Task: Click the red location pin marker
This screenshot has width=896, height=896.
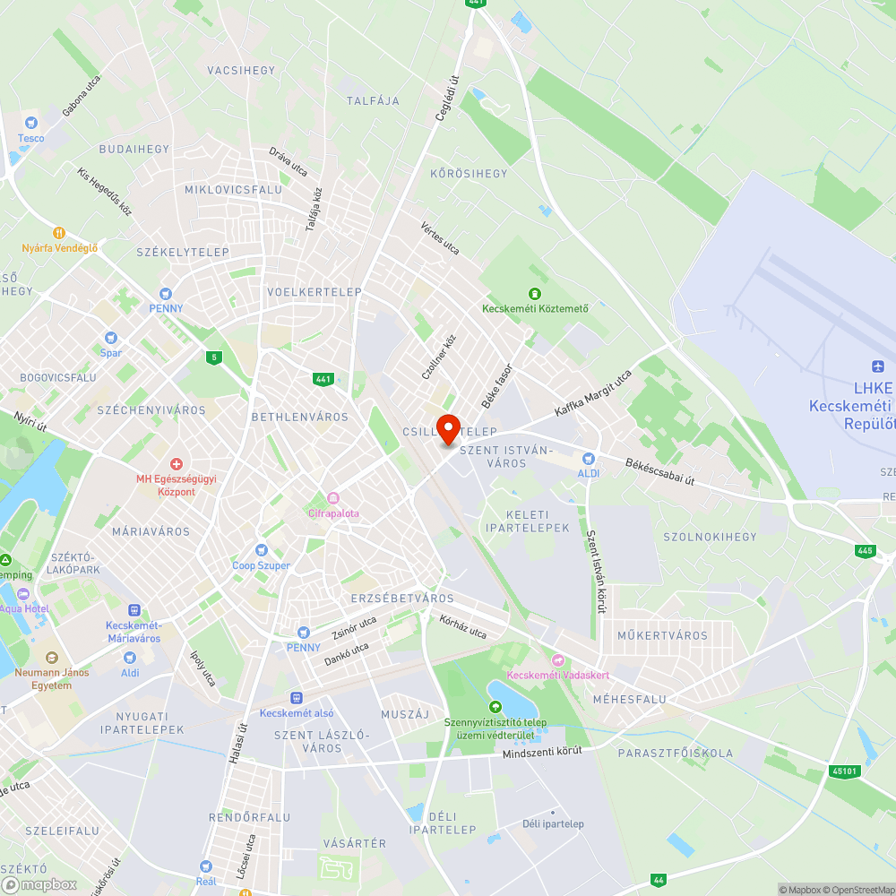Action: pyautogui.click(x=448, y=428)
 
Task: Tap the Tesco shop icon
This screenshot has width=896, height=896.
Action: pyautogui.click(x=31, y=123)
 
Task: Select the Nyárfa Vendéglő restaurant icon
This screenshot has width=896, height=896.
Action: pyautogui.click(x=59, y=233)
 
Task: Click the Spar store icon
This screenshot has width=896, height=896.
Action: pyautogui.click(x=111, y=338)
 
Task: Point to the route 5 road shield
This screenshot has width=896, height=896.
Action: pyautogui.click(x=213, y=358)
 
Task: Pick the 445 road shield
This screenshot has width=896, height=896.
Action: pyautogui.click(x=864, y=551)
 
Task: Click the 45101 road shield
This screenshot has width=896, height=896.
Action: pyautogui.click(x=844, y=770)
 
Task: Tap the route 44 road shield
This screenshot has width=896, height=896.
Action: pyautogui.click(x=659, y=881)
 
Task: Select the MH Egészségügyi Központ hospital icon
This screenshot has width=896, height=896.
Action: pyautogui.click(x=177, y=463)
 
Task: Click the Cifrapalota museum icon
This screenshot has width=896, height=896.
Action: pyautogui.click(x=333, y=498)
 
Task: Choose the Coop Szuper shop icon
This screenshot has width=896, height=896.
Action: pyautogui.click(x=262, y=550)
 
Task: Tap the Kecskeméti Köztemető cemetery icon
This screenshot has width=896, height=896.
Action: pyautogui.click(x=535, y=294)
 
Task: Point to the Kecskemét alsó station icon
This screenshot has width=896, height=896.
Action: pyautogui.click(x=297, y=698)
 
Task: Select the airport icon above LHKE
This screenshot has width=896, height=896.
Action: pyautogui.click(x=877, y=366)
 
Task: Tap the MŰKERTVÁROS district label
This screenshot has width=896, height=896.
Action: pyautogui.click(x=662, y=635)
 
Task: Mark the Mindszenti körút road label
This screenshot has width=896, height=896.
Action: pyautogui.click(x=542, y=753)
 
